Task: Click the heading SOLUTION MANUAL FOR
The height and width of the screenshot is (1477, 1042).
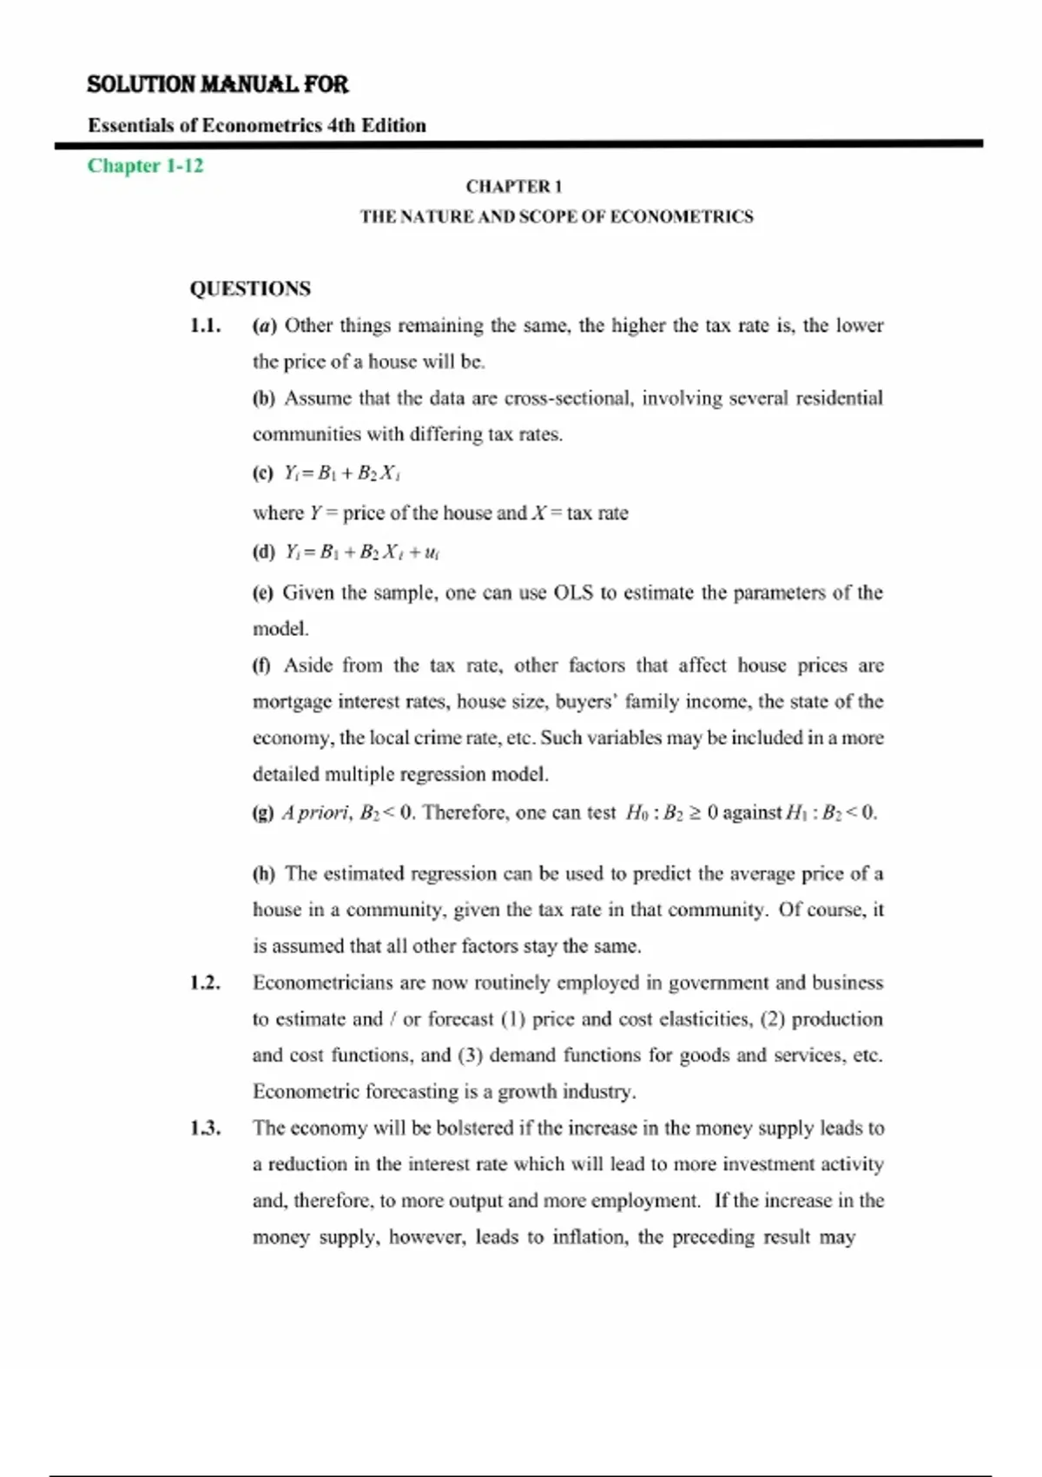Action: pos(217,84)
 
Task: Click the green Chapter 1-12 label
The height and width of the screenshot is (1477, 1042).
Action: pos(145,165)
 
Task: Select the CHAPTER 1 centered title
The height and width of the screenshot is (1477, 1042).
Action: pos(514,186)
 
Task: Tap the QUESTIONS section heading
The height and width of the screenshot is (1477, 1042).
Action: pos(250,288)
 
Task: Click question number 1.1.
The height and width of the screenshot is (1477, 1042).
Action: pos(205,326)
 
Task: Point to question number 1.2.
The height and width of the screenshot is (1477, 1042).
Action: pos(205,983)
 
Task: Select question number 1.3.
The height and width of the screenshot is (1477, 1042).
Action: pos(205,1128)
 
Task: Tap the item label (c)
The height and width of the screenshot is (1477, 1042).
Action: pos(263,474)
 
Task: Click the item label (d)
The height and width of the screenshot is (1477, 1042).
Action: pos(263,552)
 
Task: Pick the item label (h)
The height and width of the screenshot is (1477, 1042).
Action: pos(263,873)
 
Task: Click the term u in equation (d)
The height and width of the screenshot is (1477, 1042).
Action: pos(432,553)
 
